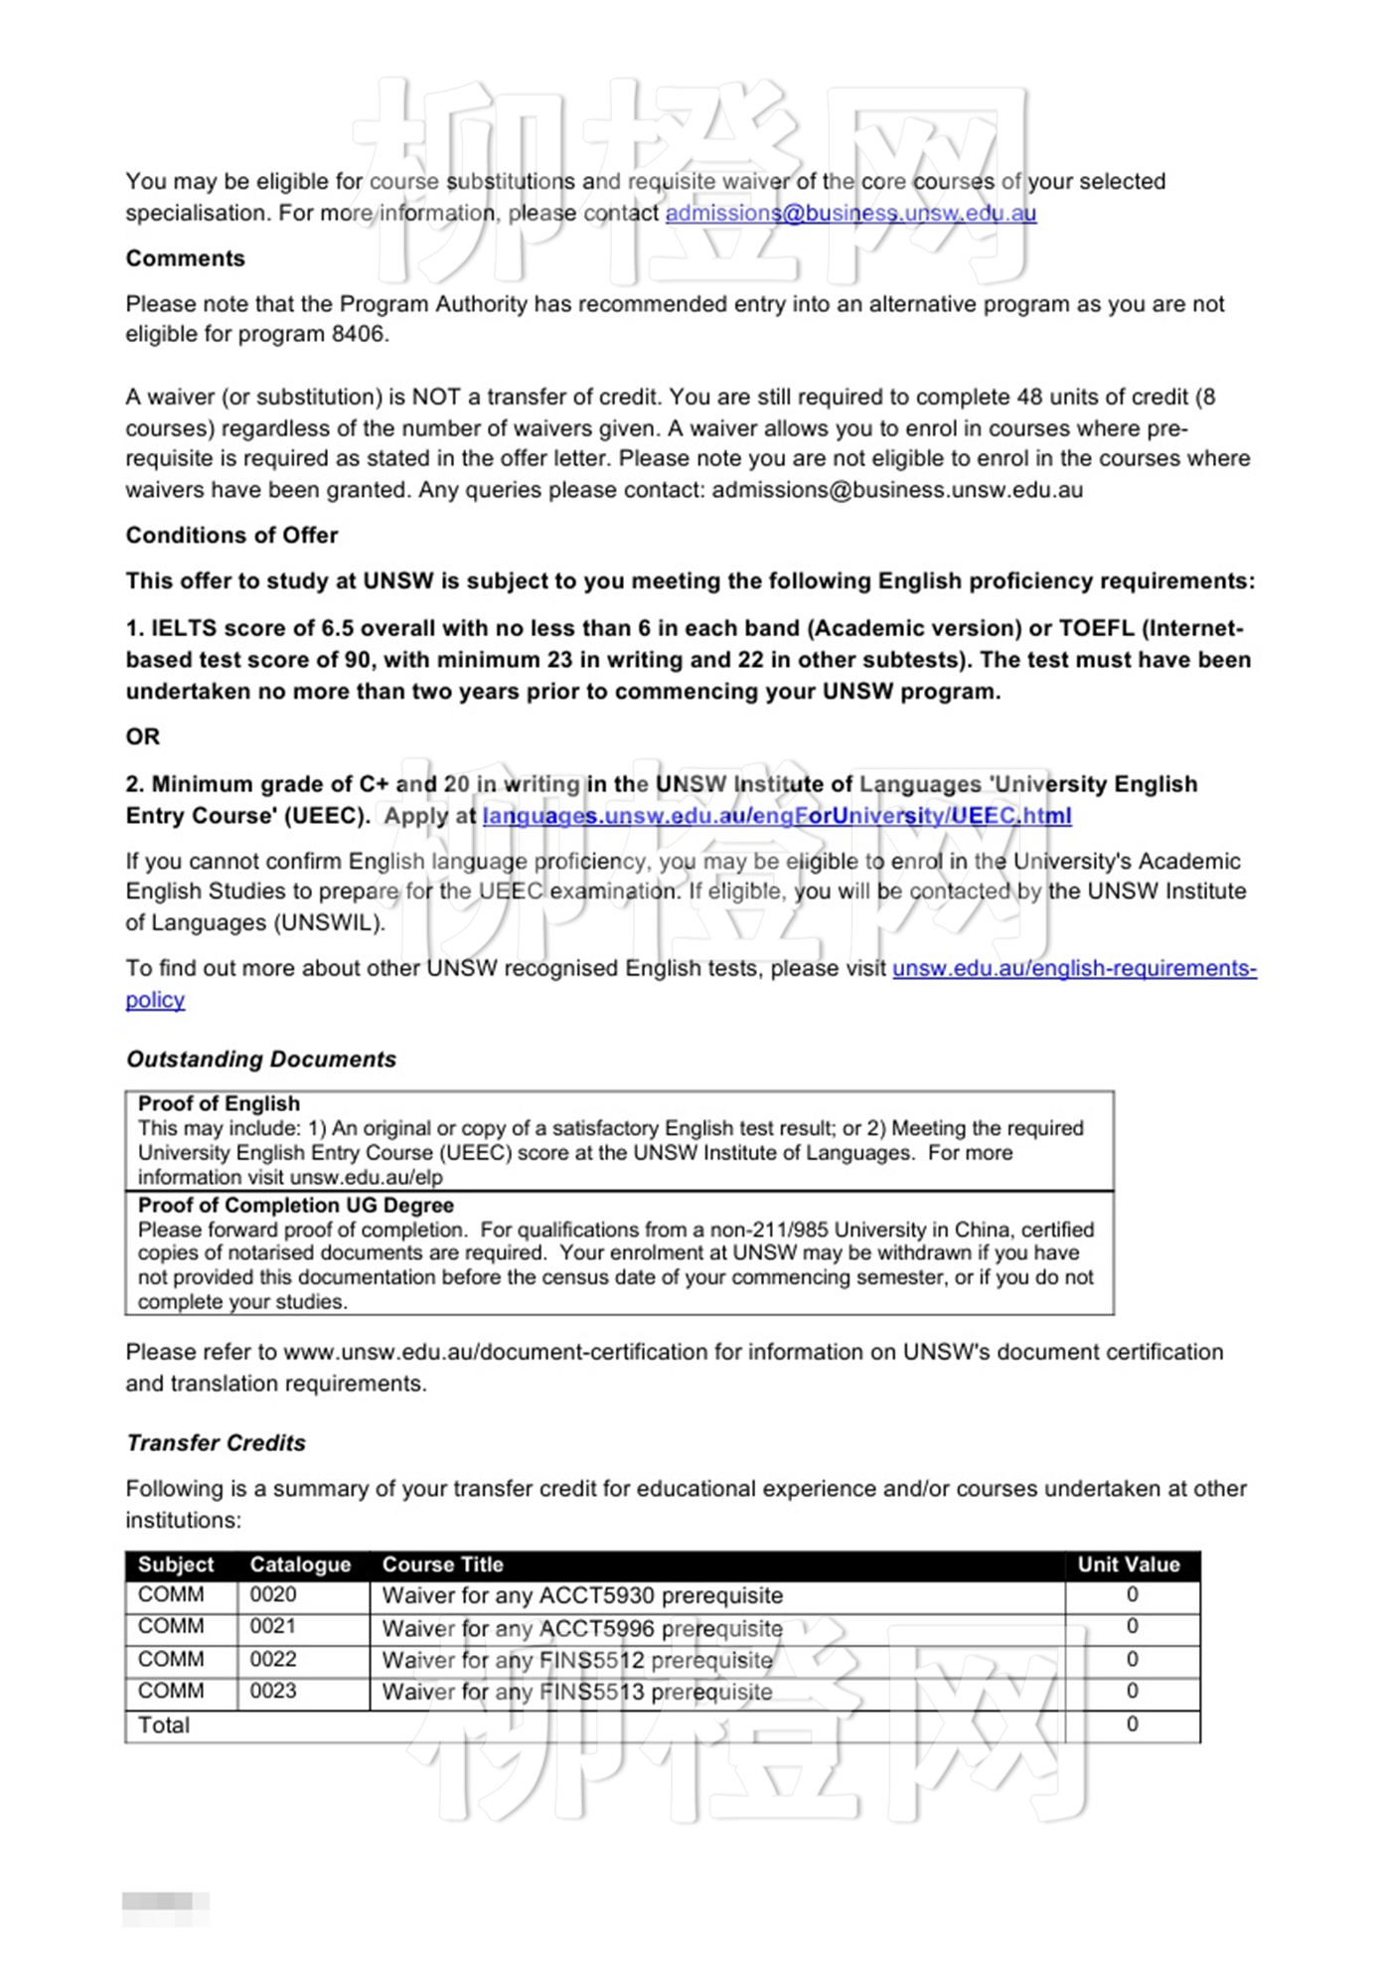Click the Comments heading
tap(185, 258)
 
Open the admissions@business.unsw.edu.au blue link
tap(850, 213)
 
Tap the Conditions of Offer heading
tap(232, 536)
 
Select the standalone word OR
tap(142, 737)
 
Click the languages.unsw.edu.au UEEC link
tap(776, 816)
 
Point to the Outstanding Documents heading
tap(261, 1060)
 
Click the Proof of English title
tap(219, 1104)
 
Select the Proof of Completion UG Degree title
tap(295, 1206)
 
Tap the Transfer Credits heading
tap(216, 1443)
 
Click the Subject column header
tap(176, 1564)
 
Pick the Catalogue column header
tap(300, 1564)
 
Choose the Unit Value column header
tap(1129, 1564)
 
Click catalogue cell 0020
tap(273, 1595)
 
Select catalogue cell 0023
tap(273, 1692)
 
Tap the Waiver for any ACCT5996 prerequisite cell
tap(582, 1629)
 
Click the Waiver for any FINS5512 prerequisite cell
tap(577, 1661)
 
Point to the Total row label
tap(164, 1725)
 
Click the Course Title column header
tap(442, 1564)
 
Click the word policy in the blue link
tap(155, 1000)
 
